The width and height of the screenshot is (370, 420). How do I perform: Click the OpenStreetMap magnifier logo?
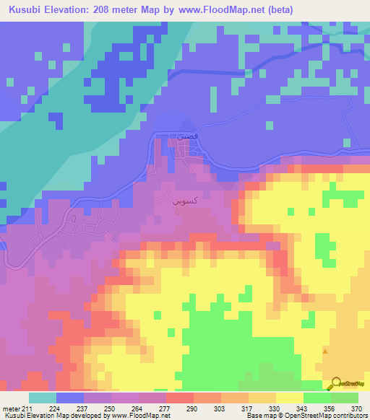tap(335, 382)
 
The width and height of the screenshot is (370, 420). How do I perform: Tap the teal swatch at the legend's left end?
tap(43, 398)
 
